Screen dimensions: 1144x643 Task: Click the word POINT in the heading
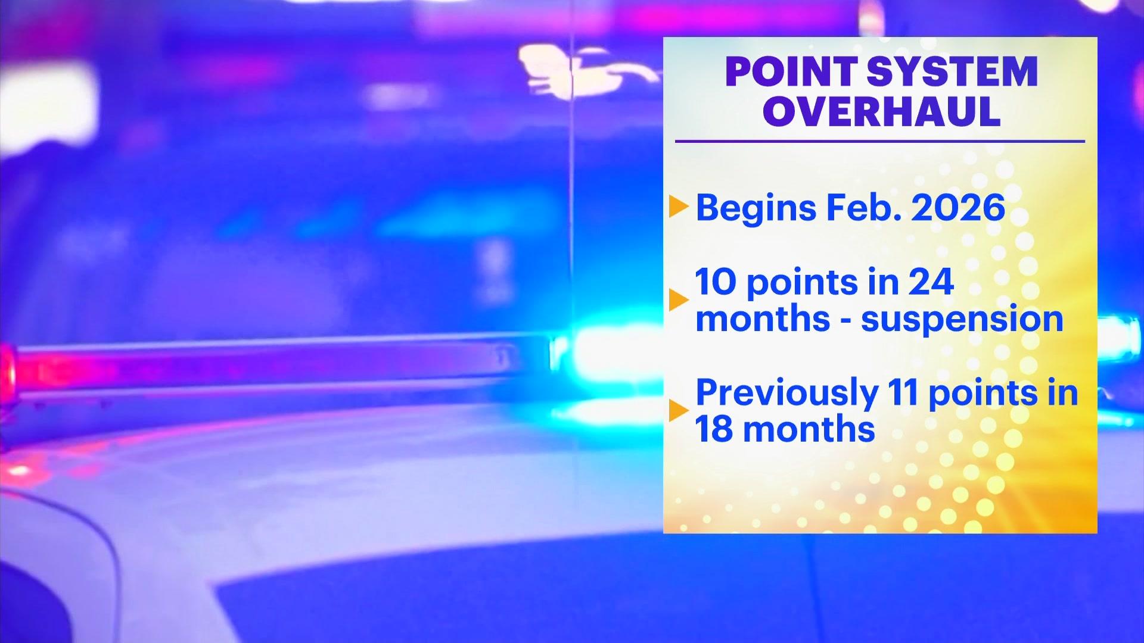(x=791, y=71)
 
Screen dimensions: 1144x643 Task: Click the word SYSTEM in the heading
(x=952, y=71)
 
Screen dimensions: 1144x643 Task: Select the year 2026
(x=958, y=208)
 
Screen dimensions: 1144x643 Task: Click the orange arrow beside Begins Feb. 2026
(x=679, y=206)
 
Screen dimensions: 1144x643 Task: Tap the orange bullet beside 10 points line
(x=679, y=299)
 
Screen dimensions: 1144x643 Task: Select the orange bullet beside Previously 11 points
(x=679, y=410)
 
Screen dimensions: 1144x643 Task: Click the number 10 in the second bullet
(x=716, y=282)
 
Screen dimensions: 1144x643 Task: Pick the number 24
(x=931, y=282)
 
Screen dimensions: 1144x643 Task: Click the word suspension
(x=962, y=320)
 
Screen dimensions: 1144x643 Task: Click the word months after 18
(x=809, y=429)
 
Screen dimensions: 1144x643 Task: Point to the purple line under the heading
(x=880, y=142)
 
